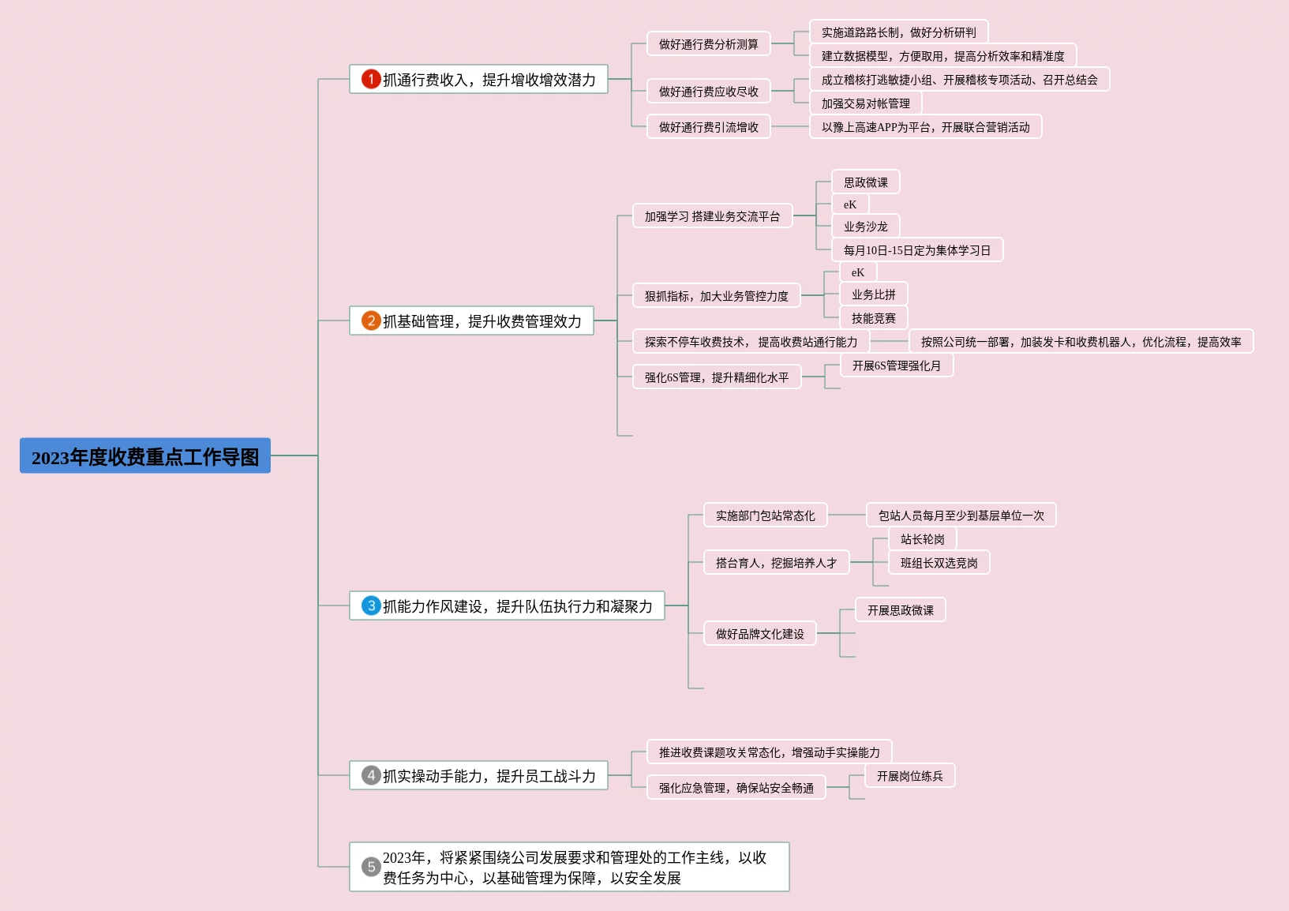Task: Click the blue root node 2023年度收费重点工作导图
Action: coord(145,456)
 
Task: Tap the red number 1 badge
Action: coord(371,79)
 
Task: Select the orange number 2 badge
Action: coord(371,321)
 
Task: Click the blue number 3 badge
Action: coord(371,605)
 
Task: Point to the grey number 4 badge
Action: coord(371,775)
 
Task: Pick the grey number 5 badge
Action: coord(371,867)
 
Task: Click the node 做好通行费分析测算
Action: coord(708,44)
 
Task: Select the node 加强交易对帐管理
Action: coord(865,103)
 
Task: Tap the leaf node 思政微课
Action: coord(865,182)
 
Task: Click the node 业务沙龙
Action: coord(865,227)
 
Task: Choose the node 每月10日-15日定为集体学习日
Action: coord(916,250)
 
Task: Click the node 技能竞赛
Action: coord(873,318)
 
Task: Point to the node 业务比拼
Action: coord(873,294)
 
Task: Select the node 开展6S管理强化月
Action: coord(896,366)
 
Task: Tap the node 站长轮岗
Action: coord(922,539)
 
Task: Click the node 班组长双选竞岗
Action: coord(939,563)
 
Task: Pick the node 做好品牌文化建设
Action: coord(759,634)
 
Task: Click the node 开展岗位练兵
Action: coord(909,776)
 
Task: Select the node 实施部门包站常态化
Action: coord(765,515)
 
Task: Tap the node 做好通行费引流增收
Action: coord(708,127)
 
